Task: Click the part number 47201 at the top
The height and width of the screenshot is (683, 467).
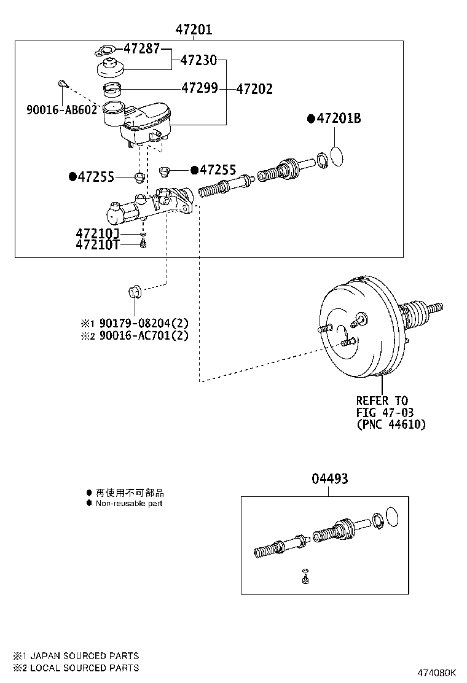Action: (194, 29)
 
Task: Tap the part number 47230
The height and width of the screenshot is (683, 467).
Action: (199, 60)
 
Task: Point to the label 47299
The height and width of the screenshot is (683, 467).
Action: (199, 88)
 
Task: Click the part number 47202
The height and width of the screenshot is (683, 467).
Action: (254, 89)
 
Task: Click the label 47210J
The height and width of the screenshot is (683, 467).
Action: (97, 234)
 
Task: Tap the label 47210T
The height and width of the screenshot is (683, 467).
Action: (97, 245)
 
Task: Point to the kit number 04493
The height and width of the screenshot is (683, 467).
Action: (330, 478)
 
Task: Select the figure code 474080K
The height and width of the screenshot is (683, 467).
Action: (438, 673)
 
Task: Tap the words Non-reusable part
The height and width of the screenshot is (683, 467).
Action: (129, 504)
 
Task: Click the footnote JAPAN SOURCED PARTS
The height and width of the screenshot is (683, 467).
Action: (84, 656)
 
